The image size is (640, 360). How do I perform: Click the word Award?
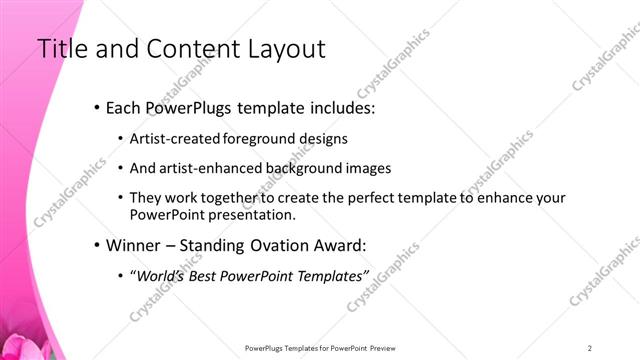point(336,244)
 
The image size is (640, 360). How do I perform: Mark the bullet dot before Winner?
point(96,245)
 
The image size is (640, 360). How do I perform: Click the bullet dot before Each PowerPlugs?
point(96,107)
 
